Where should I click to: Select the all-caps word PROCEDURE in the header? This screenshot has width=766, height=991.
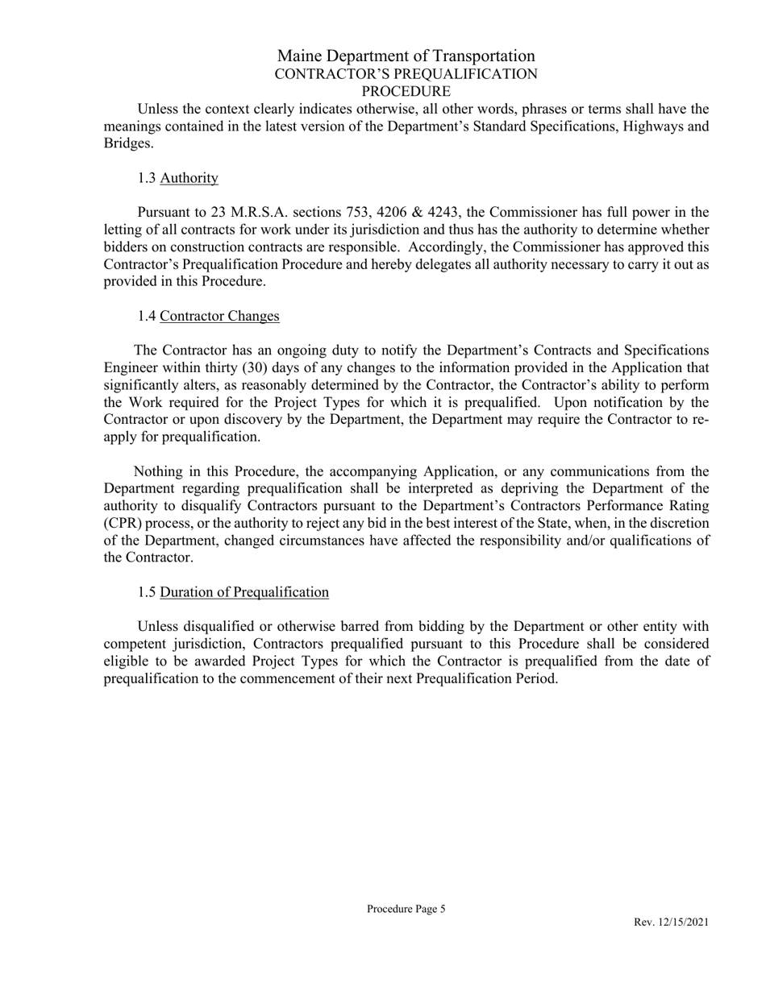[406, 91]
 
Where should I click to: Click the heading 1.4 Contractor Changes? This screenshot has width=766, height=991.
[208, 316]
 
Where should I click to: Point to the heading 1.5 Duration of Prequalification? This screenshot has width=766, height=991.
[233, 592]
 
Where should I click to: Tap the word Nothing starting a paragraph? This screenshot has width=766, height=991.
[159, 472]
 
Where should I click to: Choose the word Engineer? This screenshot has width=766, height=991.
[131, 368]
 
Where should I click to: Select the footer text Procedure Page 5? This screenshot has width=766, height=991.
[406, 909]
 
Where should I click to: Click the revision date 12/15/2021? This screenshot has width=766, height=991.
[682, 923]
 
